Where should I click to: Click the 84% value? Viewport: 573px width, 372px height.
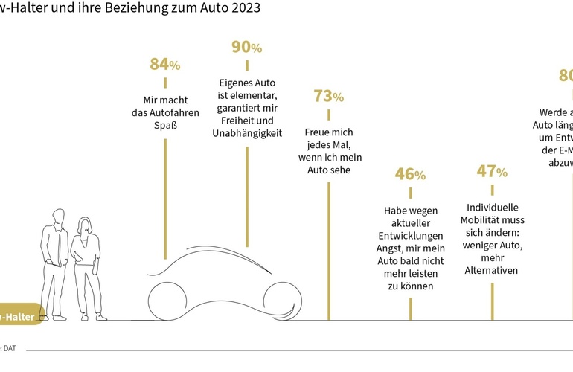click(x=164, y=65)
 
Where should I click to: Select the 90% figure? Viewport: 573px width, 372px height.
click(x=246, y=48)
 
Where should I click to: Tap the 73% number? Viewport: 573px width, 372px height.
click(x=328, y=96)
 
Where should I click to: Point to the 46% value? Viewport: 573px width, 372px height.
click(x=410, y=175)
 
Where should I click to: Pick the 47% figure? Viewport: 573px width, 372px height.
click(x=492, y=172)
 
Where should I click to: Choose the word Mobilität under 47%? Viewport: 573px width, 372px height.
click(x=492, y=219)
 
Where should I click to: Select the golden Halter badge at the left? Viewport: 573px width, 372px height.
click(x=21, y=317)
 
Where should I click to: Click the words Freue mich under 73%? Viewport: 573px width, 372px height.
click(x=327, y=132)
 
